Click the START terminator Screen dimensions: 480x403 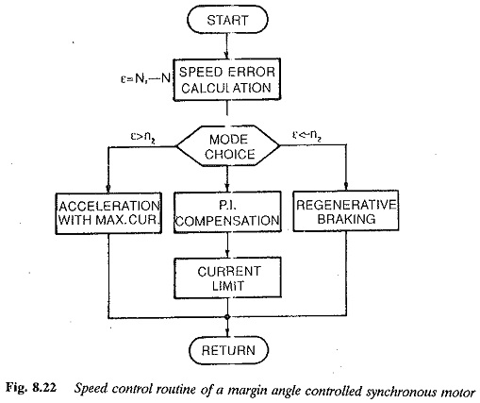tap(227, 20)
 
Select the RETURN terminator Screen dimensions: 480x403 tap(228, 350)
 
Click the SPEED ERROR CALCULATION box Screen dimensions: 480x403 tap(227, 79)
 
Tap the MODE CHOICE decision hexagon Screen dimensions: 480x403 tap(228, 145)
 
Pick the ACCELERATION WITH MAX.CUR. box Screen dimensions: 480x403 tap(108, 213)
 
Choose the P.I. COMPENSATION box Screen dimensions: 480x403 tap(227, 212)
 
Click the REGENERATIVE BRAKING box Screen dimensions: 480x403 tap(346, 211)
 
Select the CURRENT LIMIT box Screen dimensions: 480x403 tap(227, 277)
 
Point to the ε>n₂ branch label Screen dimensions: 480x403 tap(143, 137)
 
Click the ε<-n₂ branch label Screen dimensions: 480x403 tap(306, 136)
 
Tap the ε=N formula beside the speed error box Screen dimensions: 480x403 tap(145, 78)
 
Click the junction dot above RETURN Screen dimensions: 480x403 tap(227, 317)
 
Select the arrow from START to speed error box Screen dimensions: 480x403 tap(226, 46)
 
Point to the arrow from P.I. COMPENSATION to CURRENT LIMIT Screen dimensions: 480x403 tap(227, 245)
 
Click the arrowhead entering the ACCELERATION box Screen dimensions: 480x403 tap(108, 189)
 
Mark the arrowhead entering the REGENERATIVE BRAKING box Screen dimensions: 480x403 tap(346, 187)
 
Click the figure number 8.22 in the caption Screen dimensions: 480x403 tap(44, 388)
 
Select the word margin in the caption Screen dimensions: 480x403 tap(248, 391)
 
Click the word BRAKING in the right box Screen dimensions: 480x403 tap(346, 219)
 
